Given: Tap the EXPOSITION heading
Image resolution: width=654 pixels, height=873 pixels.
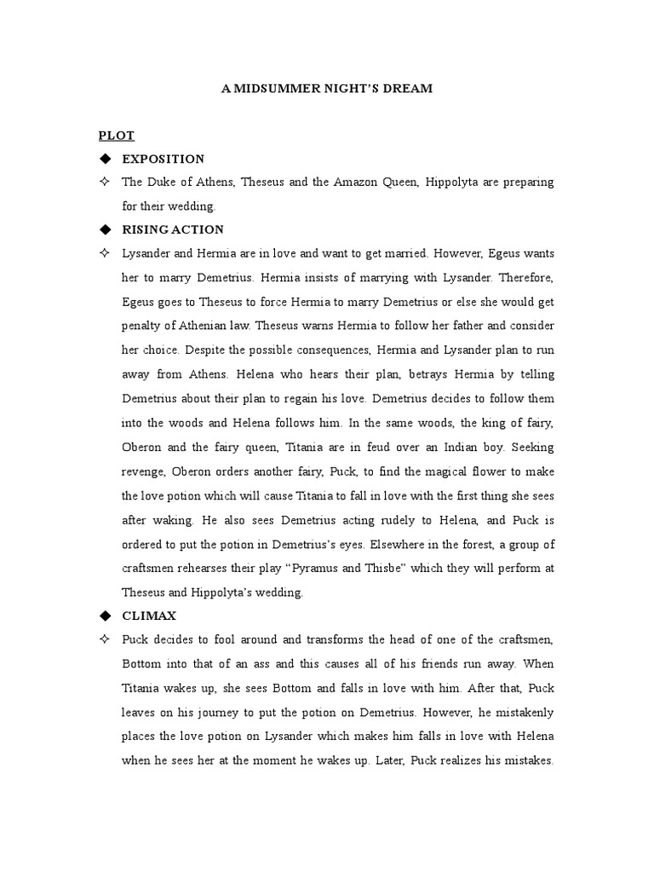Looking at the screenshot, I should (x=163, y=159).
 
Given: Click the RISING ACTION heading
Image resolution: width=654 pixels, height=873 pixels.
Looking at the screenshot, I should (x=173, y=230).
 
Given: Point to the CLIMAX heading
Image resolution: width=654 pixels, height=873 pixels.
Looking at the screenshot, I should (x=151, y=615).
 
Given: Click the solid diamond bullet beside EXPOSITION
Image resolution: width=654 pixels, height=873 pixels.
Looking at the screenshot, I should (x=106, y=159).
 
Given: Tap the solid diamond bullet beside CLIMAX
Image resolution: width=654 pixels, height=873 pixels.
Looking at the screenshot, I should (x=106, y=615).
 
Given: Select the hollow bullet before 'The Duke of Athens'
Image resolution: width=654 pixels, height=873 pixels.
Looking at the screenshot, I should (x=106, y=182).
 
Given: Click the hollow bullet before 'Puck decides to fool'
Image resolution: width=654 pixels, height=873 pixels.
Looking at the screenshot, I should (x=106, y=639).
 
